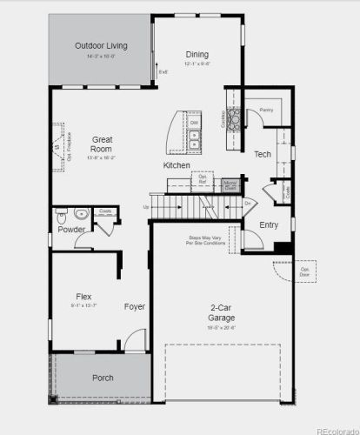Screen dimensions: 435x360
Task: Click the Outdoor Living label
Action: click(96, 46)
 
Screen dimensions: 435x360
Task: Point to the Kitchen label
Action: click(177, 165)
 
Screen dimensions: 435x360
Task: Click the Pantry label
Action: click(267, 110)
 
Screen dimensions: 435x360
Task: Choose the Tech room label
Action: click(263, 154)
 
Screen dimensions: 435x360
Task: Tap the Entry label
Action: click(270, 224)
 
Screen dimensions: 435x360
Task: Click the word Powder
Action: click(72, 230)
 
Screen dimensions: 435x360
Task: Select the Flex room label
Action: click(84, 297)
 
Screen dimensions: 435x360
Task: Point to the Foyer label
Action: click(134, 306)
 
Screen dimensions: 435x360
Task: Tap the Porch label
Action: click(103, 378)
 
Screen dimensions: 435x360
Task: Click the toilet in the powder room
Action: click(80, 213)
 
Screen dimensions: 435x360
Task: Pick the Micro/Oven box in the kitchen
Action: click(230, 184)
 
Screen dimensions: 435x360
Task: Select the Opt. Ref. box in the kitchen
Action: click(203, 179)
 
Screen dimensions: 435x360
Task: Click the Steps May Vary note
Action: click(206, 239)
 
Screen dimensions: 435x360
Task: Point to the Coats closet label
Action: click(104, 211)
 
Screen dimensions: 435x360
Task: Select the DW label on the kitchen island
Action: click(195, 124)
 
